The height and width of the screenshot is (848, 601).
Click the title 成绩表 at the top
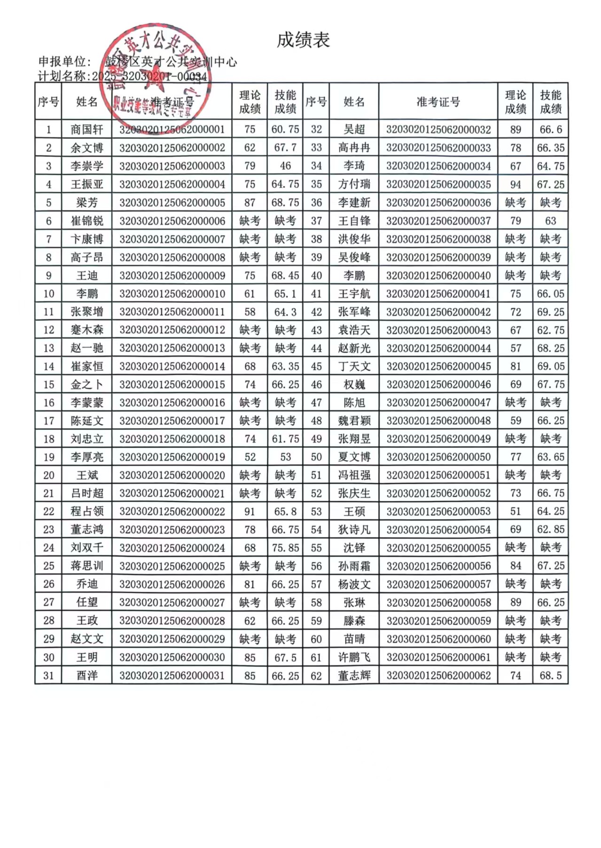pos(303,40)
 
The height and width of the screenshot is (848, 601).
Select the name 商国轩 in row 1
pos(87,130)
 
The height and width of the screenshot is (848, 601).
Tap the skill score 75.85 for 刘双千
pos(285,548)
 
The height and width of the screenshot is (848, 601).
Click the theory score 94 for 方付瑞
pos(515,184)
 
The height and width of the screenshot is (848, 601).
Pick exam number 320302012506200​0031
pos(172,675)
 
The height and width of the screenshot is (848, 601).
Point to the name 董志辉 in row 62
pos(354,675)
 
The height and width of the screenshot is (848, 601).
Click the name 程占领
pos(87,511)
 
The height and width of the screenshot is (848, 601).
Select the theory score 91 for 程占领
pos(250,511)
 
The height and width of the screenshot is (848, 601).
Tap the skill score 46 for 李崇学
pos(285,166)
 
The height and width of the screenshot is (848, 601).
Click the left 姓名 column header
pos(87,102)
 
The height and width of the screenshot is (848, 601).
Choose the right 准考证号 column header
pos(438,102)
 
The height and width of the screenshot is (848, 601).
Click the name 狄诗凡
pos(354,529)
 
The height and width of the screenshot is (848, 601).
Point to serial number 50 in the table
pos(316,457)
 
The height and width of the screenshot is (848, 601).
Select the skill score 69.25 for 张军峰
pos(551,312)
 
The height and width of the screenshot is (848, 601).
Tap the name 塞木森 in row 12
pos(87,330)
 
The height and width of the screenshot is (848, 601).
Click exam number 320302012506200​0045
pos(438,366)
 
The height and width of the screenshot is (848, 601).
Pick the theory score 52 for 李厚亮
pos(250,457)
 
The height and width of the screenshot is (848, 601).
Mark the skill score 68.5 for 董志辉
pos(551,675)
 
